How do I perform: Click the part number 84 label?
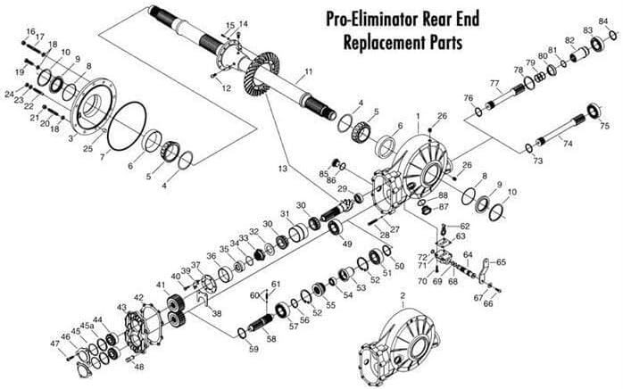[603, 21]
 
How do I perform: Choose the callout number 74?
[568, 143]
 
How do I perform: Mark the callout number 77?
[494, 83]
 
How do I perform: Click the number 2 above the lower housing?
[403, 295]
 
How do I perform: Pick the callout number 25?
[87, 148]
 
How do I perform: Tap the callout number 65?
[501, 262]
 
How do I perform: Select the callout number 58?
[271, 340]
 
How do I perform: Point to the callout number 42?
[138, 297]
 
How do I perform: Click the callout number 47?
[54, 343]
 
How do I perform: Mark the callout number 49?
[347, 243]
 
